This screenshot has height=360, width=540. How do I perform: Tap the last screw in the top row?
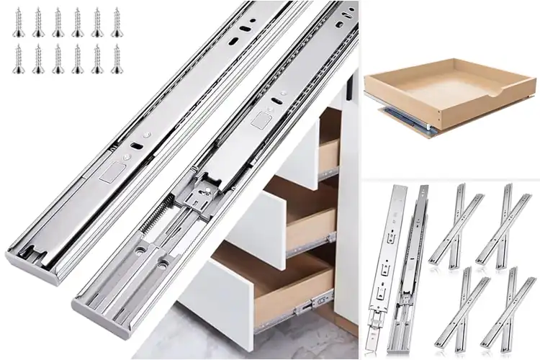116,22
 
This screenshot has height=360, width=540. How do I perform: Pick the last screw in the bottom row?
116,58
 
